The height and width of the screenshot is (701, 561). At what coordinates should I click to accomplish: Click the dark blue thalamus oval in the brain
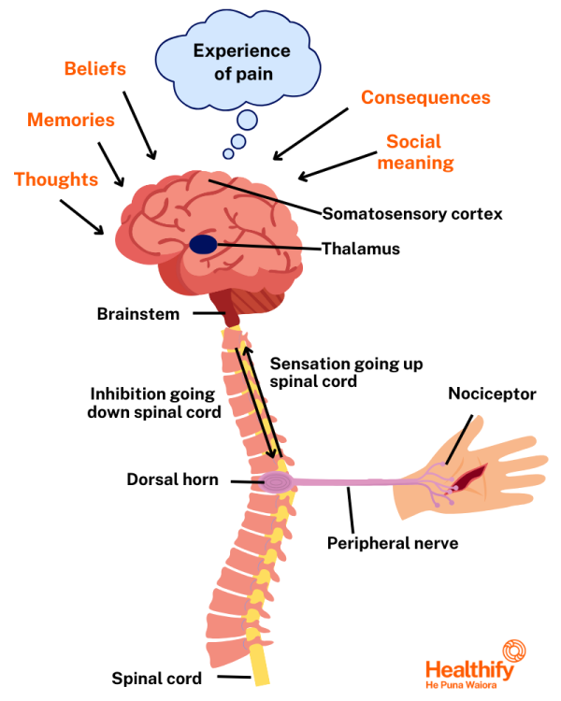[x=204, y=245]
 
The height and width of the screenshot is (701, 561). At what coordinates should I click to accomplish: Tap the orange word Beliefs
[x=94, y=69]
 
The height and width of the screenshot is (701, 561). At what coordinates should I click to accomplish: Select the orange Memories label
[x=71, y=121]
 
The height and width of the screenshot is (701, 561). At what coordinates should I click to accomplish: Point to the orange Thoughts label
[x=56, y=179]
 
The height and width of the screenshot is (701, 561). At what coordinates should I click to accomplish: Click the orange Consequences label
[x=425, y=98]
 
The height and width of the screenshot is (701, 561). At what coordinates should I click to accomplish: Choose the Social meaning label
[x=420, y=152]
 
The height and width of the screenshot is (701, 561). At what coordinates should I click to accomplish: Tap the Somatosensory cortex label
[x=412, y=214]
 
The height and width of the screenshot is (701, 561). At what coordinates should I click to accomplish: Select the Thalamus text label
[x=361, y=250]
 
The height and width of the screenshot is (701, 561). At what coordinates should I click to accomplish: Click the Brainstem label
[x=137, y=314]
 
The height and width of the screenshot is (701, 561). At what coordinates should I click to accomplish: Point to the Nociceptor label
[x=492, y=394]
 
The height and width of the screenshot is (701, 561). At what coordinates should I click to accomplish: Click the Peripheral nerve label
[x=392, y=542]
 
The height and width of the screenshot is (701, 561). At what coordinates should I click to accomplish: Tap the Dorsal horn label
[x=172, y=480]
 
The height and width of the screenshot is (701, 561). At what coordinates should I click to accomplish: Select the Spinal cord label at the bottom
[x=155, y=679]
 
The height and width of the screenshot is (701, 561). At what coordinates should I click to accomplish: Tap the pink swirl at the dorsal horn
[x=276, y=482]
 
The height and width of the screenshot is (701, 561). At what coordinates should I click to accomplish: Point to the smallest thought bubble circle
[x=227, y=153]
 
